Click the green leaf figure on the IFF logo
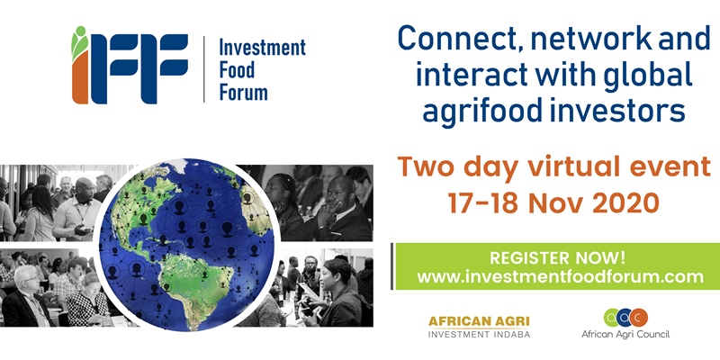click(x=79, y=42)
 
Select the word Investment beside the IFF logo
click(x=262, y=48)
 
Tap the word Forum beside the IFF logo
click(x=243, y=92)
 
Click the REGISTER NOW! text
click(x=557, y=257)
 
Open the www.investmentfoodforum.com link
click(x=560, y=277)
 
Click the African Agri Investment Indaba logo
click(x=479, y=327)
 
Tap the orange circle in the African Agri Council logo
click(x=639, y=318)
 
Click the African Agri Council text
click(x=625, y=334)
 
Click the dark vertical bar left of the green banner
click(x=391, y=266)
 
